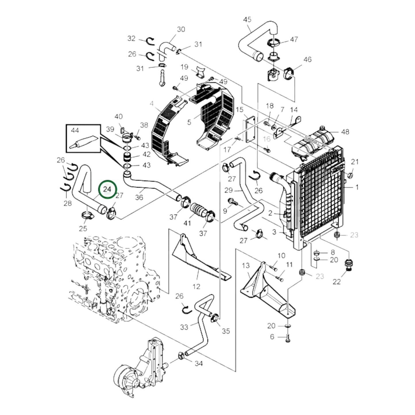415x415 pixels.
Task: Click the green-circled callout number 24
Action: point(107,189)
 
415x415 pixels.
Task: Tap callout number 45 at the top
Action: point(247,20)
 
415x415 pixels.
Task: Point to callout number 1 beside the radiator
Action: point(357,188)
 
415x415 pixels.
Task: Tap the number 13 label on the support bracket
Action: point(246,266)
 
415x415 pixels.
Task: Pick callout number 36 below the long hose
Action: point(139,197)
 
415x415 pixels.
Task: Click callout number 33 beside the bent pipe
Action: point(184,327)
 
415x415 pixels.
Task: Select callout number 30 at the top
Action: point(181,29)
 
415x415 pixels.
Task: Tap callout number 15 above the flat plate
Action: point(240,109)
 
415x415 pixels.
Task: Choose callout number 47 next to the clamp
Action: point(294,39)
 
